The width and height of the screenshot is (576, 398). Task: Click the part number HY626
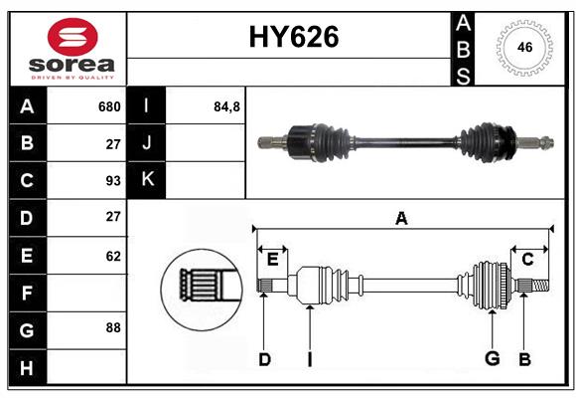pyautogui.click(x=294, y=37)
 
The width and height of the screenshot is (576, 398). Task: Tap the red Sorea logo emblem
pyautogui.click(x=72, y=37)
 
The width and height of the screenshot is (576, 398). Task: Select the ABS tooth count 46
pyautogui.click(x=525, y=47)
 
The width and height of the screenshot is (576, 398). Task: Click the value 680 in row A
pyautogui.click(x=109, y=106)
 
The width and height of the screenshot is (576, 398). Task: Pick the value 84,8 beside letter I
pyautogui.click(x=226, y=107)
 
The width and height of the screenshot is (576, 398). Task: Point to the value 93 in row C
pyautogui.click(x=113, y=181)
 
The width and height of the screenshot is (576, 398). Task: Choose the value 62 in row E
pyautogui.click(x=113, y=256)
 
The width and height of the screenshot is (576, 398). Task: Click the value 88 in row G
pyautogui.click(x=113, y=327)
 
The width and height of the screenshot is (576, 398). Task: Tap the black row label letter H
pyautogui.click(x=27, y=368)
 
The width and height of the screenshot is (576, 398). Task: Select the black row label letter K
pyautogui.click(x=147, y=179)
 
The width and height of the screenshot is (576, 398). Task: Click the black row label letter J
pyautogui.click(x=147, y=142)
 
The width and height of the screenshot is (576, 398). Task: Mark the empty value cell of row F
pyautogui.click(x=86, y=294)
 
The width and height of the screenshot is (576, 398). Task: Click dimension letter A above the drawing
pyautogui.click(x=401, y=218)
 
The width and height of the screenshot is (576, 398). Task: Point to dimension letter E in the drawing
pyautogui.click(x=272, y=260)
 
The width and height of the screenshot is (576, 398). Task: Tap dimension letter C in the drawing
pyautogui.click(x=527, y=260)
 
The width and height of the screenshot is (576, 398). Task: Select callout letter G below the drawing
pyautogui.click(x=493, y=358)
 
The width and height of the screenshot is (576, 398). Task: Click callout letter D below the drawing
pyautogui.click(x=264, y=359)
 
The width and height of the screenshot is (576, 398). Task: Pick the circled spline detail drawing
pyautogui.click(x=202, y=290)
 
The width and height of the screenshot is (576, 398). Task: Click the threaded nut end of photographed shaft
pyautogui.click(x=547, y=141)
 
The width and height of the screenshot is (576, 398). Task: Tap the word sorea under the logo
pyautogui.click(x=72, y=65)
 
